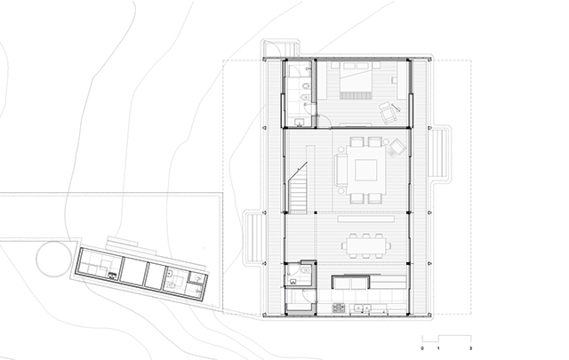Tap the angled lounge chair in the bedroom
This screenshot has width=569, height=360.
(389, 113)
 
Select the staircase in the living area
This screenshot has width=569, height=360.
(299, 188)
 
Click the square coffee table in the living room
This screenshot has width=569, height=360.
(365, 170)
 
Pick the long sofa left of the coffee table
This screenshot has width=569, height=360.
(341, 170)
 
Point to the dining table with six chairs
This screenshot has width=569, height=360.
(365, 245)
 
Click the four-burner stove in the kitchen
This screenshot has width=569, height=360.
(338, 308)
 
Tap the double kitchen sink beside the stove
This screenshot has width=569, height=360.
(363, 308)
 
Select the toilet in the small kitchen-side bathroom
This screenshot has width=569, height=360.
(305, 270)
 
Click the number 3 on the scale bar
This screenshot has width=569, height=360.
(470, 348)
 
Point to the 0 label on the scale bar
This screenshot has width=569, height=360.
(422, 348)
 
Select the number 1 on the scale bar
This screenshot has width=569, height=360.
(438, 348)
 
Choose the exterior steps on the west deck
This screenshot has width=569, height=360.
(254, 237)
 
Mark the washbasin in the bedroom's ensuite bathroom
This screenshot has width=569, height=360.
(300, 122)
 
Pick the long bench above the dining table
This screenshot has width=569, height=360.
(365, 219)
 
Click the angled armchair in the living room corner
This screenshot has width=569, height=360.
(397, 148)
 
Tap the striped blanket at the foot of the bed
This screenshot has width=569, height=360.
(356, 95)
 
